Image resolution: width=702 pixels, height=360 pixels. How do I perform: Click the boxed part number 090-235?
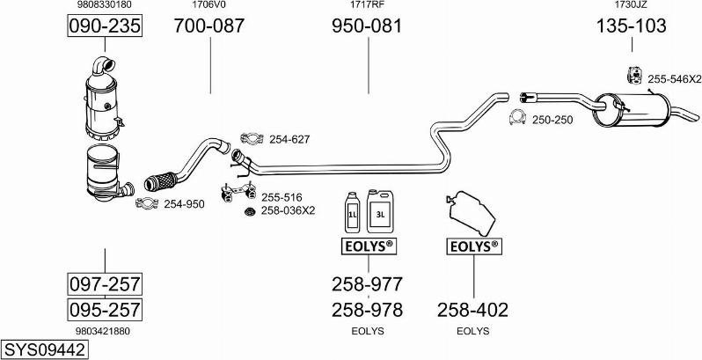(x=105, y=26)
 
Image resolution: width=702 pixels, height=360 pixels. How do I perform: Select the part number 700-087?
(x=209, y=26)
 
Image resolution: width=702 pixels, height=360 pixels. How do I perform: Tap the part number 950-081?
(x=367, y=26)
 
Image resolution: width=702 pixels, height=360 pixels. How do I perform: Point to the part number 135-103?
(x=631, y=26)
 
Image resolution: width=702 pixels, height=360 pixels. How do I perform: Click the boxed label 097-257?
(x=105, y=284)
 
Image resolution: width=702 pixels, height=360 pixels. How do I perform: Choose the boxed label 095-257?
(x=105, y=309)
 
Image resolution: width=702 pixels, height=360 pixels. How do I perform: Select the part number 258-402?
(x=472, y=310)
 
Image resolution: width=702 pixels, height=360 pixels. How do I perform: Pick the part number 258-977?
(x=367, y=285)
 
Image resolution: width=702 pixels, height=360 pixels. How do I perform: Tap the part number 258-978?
(x=367, y=310)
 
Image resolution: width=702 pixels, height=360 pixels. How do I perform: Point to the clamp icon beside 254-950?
(x=147, y=204)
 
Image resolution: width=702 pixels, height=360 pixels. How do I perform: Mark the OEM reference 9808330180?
(x=105, y=5)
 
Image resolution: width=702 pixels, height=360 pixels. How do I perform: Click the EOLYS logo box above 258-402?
(x=473, y=246)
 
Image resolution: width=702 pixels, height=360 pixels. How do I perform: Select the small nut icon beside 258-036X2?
(x=248, y=211)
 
